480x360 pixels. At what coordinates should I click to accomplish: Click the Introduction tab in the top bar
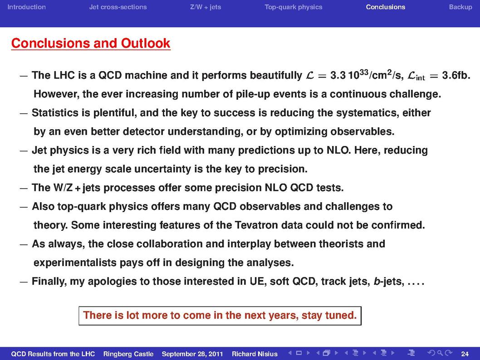[x=27, y=7]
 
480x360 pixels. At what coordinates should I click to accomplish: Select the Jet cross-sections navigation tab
[x=118, y=7]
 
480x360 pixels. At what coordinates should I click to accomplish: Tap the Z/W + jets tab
[x=206, y=7]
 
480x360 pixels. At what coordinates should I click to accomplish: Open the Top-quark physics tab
[x=293, y=7]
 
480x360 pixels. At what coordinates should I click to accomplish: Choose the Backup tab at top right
[x=460, y=7]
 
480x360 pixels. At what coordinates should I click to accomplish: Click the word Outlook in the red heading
[x=146, y=43]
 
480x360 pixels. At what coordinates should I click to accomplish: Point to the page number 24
[x=465, y=354]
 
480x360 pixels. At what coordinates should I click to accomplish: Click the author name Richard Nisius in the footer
[x=255, y=354]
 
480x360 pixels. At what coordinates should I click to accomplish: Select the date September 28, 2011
[x=192, y=354]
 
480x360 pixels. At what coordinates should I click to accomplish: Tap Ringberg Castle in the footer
[x=128, y=354]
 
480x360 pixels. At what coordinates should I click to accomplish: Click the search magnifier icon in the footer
[x=440, y=353]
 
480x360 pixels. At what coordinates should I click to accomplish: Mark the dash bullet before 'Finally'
[x=24, y=282]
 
